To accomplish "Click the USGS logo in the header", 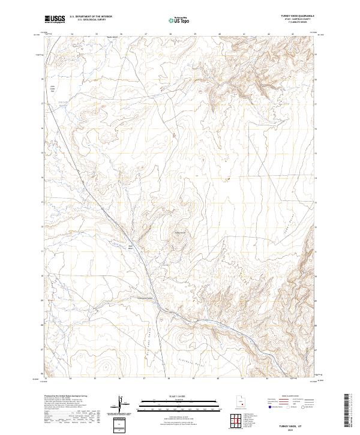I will tap(55, 19).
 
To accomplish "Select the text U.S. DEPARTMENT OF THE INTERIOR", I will tap(91, 17).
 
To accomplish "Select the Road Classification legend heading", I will tap(287, 397).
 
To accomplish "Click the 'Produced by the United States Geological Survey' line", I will tap(64, 397).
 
